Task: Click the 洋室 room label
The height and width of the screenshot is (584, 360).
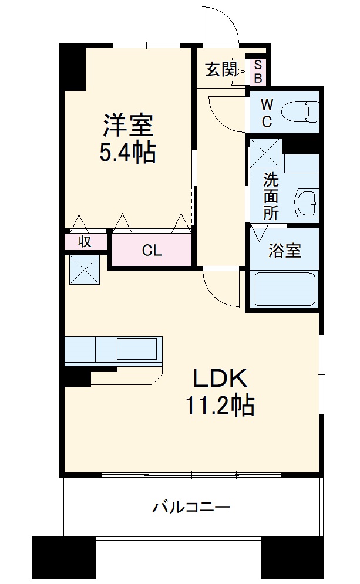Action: (128, 124)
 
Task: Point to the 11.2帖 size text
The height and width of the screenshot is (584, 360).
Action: (220, 406)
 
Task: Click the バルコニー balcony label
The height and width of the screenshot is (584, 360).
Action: (191, 507)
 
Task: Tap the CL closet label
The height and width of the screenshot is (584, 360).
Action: (152, 251)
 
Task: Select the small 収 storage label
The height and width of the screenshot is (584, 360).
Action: (85, 241)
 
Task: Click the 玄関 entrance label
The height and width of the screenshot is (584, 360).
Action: (220, 70)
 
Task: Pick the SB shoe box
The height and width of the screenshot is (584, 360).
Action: (258, 71)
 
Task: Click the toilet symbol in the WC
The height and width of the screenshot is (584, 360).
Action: (300, 111)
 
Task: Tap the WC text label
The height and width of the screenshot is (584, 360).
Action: (267, 113)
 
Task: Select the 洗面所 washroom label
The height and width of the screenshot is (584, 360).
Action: (270, 196)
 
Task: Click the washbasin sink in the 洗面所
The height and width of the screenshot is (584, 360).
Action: (306, 203)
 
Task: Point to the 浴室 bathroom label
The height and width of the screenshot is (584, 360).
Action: (285, 251)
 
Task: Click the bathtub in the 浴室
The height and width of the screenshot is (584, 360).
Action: (285, 289)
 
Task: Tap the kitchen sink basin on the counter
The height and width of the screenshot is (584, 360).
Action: (136, 349)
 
